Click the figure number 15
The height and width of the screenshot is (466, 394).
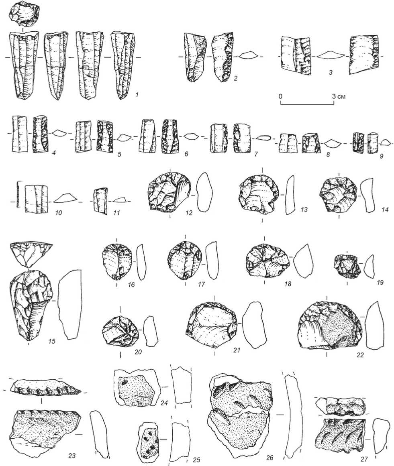point(52,341)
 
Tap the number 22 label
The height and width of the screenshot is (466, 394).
point(360,355)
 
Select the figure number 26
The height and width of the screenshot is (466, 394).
point(270,458)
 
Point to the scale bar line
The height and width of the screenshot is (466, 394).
point(307,104)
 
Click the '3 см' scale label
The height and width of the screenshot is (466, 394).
point(339,97)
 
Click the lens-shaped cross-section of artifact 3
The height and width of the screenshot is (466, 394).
point(330,55)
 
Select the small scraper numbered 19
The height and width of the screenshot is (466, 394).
point(347,266)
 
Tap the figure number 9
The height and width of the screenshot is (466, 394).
point(382,155)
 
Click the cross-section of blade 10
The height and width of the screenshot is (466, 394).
point(65,197)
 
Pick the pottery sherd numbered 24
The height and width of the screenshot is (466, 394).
point(135,387)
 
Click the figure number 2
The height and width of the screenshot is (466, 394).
point(235,78)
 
